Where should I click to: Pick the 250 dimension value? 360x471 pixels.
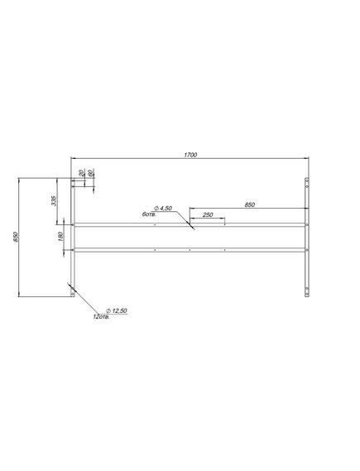coord(207,214)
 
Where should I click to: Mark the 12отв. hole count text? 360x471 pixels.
coord(103,316)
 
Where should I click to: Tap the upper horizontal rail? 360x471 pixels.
coord(190,224)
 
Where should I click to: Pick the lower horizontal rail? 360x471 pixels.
coord(190,249)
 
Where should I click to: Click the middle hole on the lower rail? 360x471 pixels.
coord(190,249)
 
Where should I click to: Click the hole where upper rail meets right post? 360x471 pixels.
coord(307,224)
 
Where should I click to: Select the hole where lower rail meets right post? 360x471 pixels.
coord(307,249)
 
